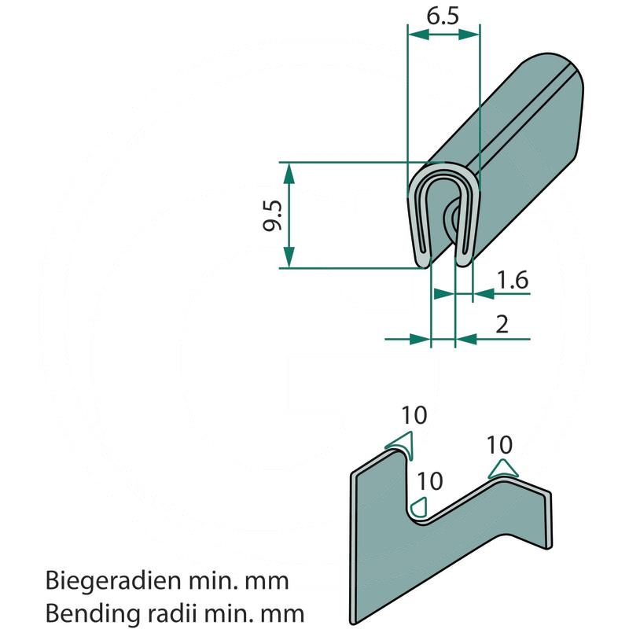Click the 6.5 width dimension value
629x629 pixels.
tap(443, 16)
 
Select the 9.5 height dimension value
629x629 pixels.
tap(272, 215)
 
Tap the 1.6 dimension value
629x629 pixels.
tap(512, 279)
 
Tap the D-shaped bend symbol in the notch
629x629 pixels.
tap(419, 506)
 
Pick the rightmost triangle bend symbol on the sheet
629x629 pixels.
tap(503, 469)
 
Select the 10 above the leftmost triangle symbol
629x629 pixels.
tap(414, 415)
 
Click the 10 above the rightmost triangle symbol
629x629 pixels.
tap(500, 445)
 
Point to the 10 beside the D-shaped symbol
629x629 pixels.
tap(430, 480)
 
